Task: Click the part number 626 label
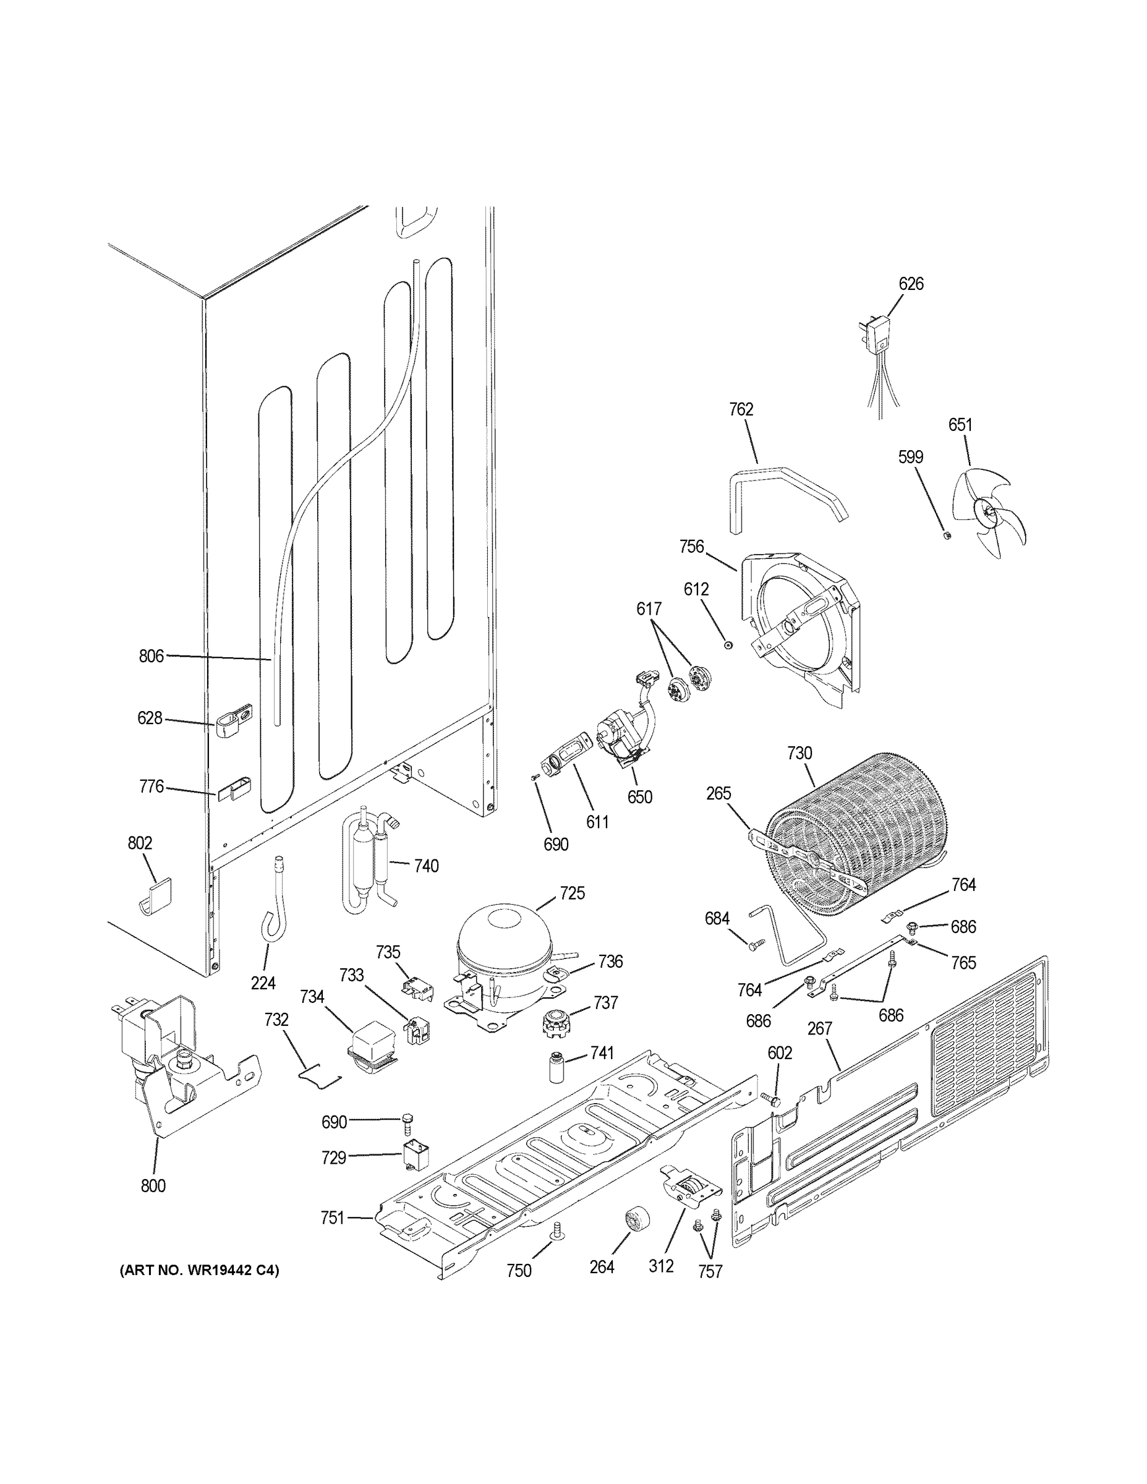pos(911,284)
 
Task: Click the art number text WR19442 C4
pos(200,1271)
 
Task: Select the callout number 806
pos(151,655)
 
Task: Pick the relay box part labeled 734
pos(373,1060)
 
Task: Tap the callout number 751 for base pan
pos(332,1218)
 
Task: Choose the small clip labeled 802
pos(156,895)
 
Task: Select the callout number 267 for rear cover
pos(819,1029)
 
